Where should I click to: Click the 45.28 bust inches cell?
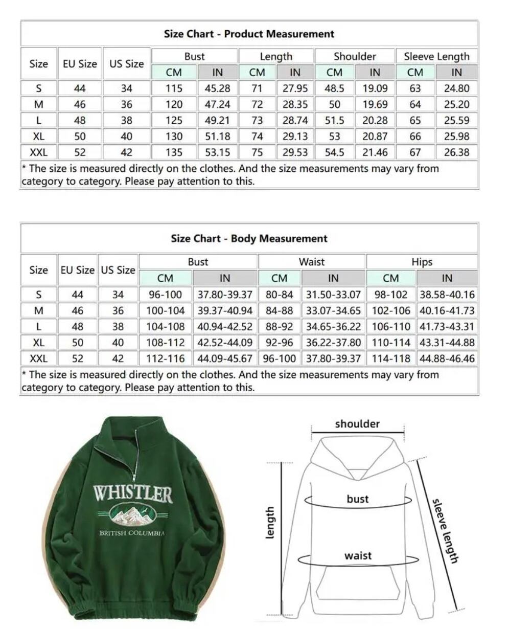(217, 88)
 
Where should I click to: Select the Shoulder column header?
(355, 56)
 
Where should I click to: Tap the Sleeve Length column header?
(436, 56)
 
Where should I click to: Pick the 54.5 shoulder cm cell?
(334, 152)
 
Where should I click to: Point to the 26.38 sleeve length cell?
(456, 152)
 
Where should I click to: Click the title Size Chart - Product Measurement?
(249, 34)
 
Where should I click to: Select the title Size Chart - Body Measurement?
(249, 239)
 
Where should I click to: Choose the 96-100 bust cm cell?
(165, 295)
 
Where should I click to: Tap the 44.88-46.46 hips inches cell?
(447, 358)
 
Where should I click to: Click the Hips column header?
(422, 262)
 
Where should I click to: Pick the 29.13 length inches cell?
(295, 137)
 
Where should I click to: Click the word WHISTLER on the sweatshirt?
(132, 494)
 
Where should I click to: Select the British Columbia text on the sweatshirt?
(132, 533)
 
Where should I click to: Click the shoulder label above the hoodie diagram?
(357, 424)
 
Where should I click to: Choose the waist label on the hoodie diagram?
(358, 556)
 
